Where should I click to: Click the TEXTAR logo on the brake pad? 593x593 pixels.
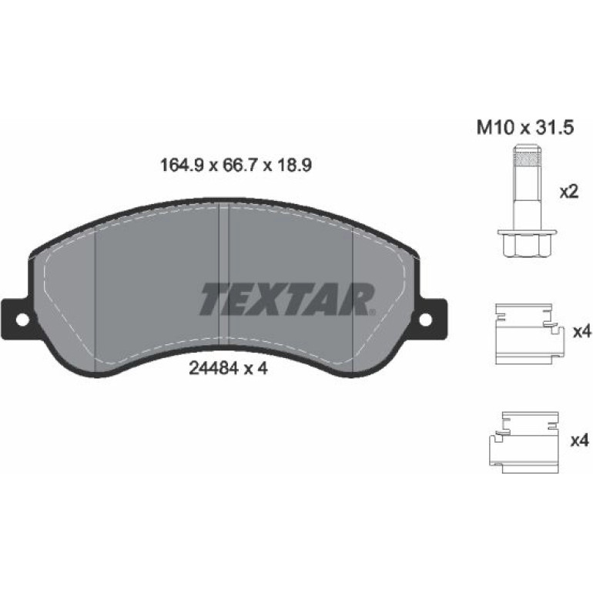tap(287, 299)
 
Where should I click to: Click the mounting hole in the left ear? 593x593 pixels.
tap(22, 320)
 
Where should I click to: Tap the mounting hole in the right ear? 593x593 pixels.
tap(425, 320)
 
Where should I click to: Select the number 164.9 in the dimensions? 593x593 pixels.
tap(183, 166)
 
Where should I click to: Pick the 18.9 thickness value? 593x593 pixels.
tap(293, 166)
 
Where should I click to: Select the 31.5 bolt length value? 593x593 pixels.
tap(552, 128)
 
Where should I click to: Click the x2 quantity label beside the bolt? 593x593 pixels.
tap(569, 193)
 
